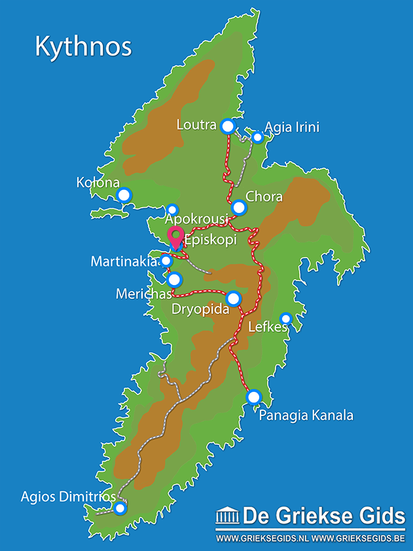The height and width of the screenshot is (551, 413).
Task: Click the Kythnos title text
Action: click(83, 47)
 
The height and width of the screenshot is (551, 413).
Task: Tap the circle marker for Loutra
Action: click(227, 126)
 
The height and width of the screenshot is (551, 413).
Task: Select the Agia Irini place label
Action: click(291, 127)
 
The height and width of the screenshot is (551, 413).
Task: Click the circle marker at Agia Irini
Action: click(257, 137)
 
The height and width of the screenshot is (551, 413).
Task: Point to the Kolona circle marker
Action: click(124, 195)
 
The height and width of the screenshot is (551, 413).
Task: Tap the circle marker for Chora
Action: click(239, 208)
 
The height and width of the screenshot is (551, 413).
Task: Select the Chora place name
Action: click(264, 197)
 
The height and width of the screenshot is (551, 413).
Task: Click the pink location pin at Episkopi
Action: click(175, 237)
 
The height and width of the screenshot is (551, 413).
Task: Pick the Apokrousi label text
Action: click(196, 219)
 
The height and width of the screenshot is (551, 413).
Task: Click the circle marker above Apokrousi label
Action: click(172, 209)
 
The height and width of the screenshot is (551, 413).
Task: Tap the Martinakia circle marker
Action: click(166, 261)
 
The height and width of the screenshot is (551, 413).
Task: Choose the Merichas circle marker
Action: click(174, 280)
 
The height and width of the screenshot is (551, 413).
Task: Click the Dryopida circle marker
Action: click(234, 299)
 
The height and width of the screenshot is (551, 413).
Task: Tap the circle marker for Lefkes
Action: click(285, 318)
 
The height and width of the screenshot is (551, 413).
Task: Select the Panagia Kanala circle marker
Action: click(253, 397)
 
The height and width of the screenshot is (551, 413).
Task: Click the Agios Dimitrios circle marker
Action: click(120, 508)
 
